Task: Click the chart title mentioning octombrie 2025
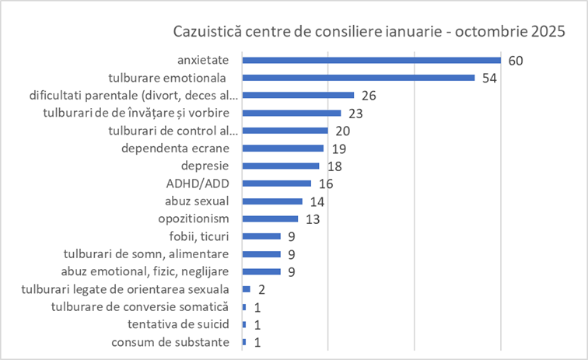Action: coord(368,33)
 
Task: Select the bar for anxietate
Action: coord(371,60)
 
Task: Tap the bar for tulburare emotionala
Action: coord(359,78)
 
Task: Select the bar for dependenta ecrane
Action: coord(283,148)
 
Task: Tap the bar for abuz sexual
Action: coord(272,201)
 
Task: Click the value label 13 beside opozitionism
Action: coord(313,219)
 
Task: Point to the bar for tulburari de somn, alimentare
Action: coord(261,254)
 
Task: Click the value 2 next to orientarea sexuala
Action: coord(262,289)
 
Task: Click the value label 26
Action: coord(369,96)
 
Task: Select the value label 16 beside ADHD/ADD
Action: coord(325,183)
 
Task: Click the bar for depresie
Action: coord(281,166)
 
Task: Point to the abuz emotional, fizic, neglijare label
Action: coord(149,271)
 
